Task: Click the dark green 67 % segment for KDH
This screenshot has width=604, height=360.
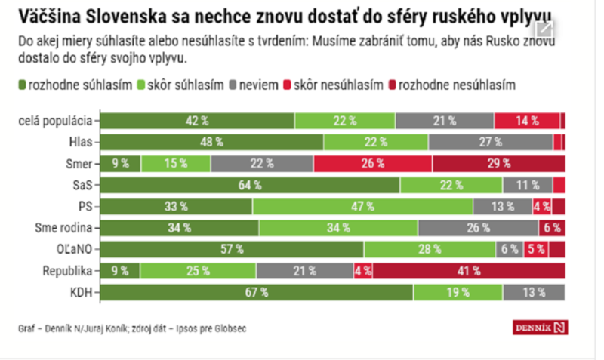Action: click(257, 293)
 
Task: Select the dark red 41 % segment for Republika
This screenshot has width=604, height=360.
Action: click(469, 271)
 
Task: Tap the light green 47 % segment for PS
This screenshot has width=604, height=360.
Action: click(362, 206)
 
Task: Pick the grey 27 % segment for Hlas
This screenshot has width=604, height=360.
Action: click(490, 141)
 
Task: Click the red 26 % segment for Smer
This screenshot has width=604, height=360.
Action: click(373, 163)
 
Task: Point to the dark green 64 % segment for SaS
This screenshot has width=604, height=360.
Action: click(250, 185)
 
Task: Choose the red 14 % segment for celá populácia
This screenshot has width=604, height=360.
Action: click(527, 120)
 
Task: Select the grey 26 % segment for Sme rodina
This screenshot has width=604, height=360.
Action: click(477, 228)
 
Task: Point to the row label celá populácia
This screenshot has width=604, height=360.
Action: click(57, 120)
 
